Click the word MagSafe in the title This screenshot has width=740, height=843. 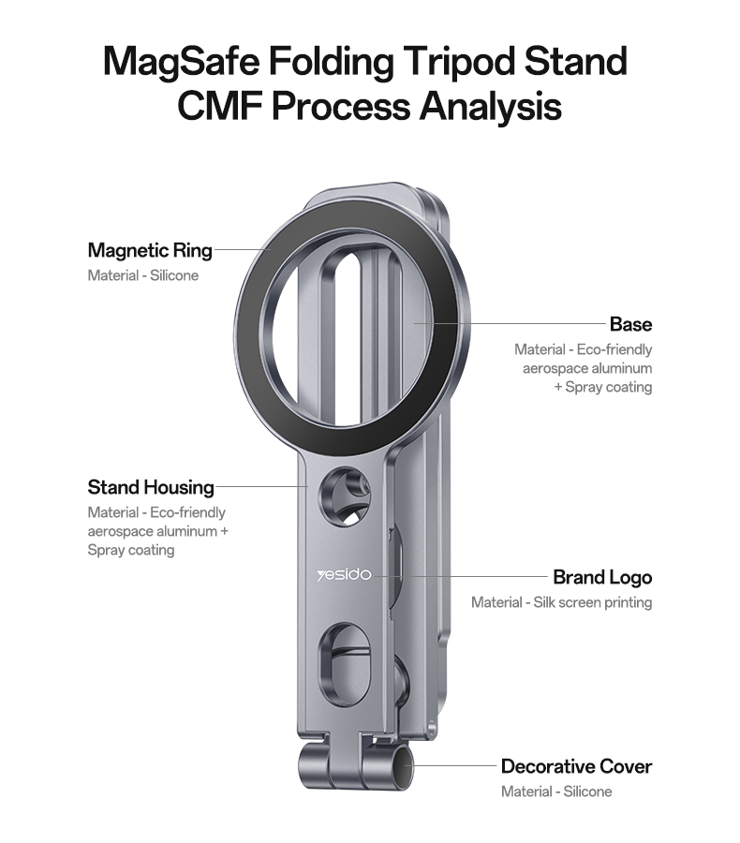[181, 62]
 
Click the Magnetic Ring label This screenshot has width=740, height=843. [150, 250]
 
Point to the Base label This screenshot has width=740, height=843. [630, 324]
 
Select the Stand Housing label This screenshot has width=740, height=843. [151, 487]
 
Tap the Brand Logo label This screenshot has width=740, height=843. [602, 577]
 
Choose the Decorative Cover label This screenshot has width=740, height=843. [576, 766]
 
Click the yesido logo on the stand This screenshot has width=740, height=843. [344, 575]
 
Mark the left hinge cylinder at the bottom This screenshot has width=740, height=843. [313, 765]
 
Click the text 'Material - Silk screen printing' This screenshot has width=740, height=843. [561, 602]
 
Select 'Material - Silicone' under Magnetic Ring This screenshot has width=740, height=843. [143, 275]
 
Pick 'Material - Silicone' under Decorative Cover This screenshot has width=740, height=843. [556, 791]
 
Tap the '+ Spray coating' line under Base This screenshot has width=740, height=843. [603, 387]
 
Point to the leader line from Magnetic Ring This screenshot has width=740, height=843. [242, 249]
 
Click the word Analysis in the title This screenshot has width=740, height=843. [491, 106]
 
